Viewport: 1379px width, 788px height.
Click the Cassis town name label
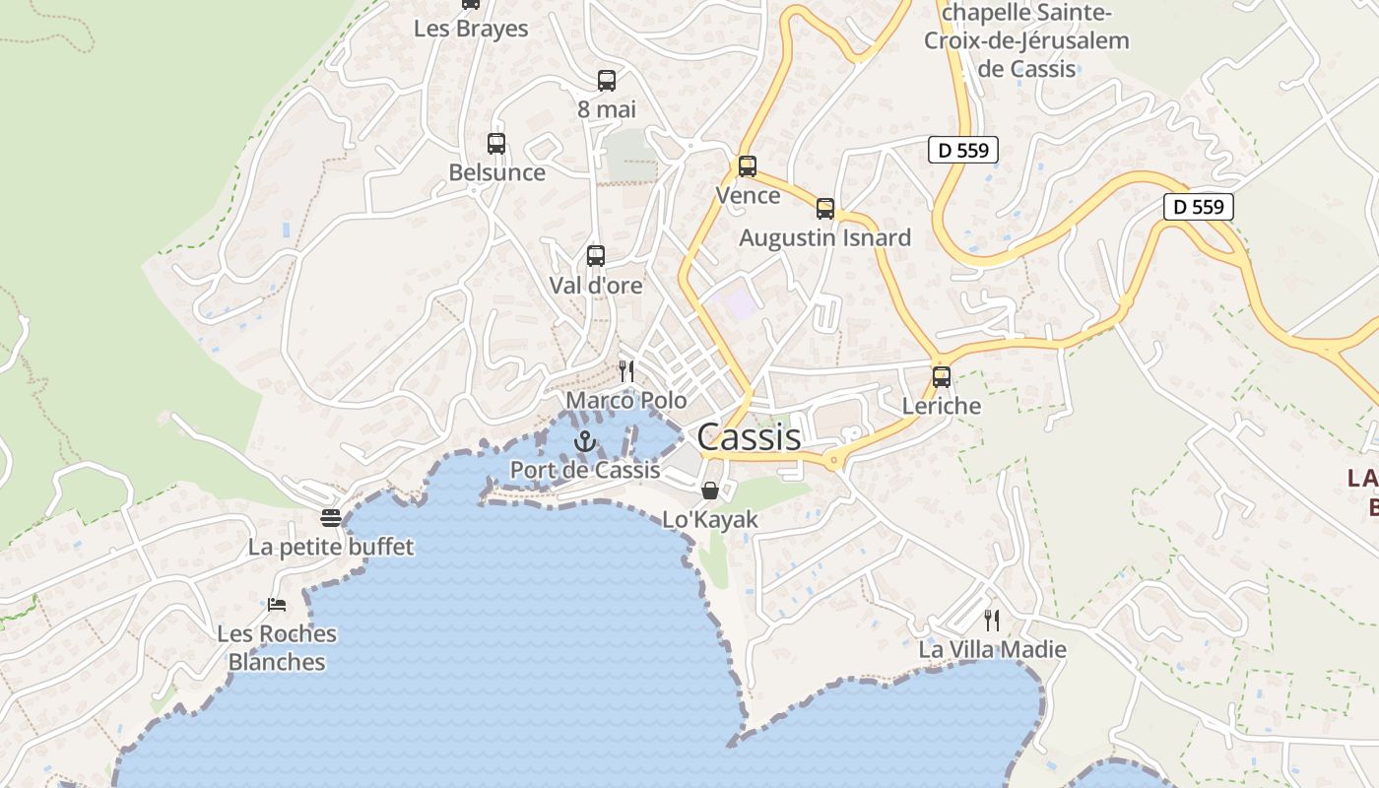749,436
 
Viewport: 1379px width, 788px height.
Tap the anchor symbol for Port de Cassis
585,441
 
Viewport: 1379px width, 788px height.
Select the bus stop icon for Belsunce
496,144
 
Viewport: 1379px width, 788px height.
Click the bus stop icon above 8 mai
607,81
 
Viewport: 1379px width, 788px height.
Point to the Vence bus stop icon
748,166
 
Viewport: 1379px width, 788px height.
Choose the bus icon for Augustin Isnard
825,209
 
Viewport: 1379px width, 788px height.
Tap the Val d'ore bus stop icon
596,256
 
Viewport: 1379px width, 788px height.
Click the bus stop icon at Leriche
942,376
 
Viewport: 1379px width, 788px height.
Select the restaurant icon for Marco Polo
625,371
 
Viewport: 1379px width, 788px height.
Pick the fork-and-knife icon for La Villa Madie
992,620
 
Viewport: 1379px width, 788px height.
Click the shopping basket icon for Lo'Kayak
709,491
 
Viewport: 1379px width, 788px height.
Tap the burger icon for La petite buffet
331,517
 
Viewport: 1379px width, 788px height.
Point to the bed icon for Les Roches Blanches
277,604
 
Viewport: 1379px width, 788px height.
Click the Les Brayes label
471,29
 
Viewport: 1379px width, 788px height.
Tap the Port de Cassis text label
585,470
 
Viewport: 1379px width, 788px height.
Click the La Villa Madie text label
992,649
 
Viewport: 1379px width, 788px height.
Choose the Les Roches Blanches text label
277,647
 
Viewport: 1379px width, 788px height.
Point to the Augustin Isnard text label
825,237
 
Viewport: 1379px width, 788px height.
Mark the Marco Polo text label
625,401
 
